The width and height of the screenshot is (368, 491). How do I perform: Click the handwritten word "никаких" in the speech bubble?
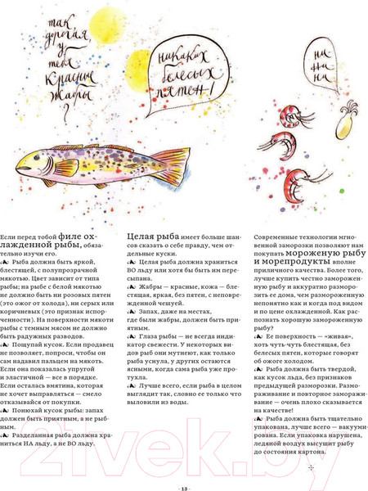[x=181, y=58]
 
